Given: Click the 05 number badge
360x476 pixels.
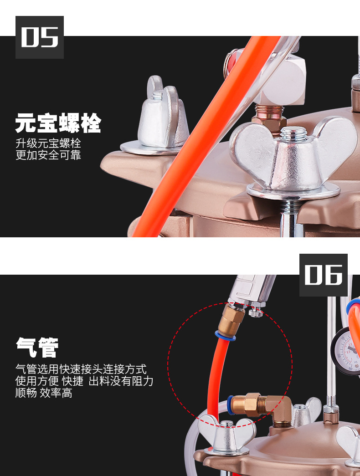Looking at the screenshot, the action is tap(40, 37).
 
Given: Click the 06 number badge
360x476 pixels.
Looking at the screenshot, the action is tap(323, 275).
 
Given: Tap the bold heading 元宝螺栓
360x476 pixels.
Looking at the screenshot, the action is tap(58, 123).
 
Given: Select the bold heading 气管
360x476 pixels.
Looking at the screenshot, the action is tap(37, 347).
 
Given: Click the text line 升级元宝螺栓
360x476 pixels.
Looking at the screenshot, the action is tap(48, 143).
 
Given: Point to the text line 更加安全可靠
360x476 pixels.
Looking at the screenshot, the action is tap(48, 155).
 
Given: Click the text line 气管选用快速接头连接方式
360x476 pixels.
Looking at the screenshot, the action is tap(81, 369).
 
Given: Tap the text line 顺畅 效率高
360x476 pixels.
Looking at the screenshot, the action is tap(44, 393).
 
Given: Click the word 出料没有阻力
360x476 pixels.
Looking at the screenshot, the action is tap(121, 381).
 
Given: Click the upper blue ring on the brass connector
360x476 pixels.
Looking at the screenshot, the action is tap(225, 336).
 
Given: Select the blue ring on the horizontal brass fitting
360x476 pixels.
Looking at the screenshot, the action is tap(230, 405).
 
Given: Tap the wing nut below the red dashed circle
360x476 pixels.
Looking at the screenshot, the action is tap(226, 434).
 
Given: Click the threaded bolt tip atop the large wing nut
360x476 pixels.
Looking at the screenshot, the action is tap(293, 133).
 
